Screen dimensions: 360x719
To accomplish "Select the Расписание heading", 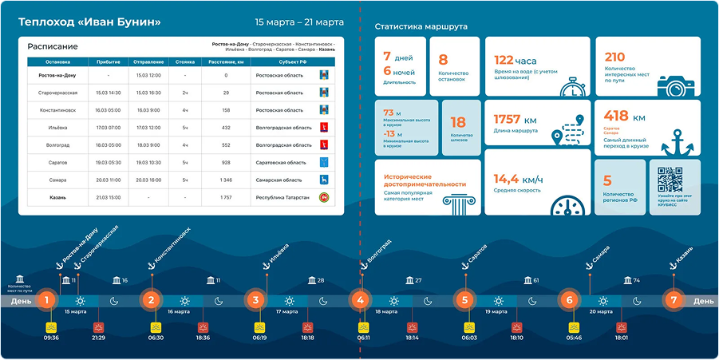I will click(x=53, y=46).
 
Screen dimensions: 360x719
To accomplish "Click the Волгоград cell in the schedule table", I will click(x=57, y=145).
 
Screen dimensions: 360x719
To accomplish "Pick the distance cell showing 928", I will click(x=226, y=163).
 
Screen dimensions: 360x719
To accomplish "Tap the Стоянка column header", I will click(x=185, y=61).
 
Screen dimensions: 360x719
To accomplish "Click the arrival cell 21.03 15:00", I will click(x=108, y=197).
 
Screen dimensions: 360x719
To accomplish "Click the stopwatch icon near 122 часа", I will click(x=573, y=86).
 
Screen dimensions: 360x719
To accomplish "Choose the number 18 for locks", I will click(x=458, y=122).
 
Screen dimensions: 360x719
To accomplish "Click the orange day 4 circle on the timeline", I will click(x=361, y=301).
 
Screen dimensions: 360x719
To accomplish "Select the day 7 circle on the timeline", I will click(x=674, y=301).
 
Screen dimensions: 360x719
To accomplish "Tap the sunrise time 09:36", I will click(x=51, y=338).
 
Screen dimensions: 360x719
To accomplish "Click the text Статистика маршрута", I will click(x=421, y=27).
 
